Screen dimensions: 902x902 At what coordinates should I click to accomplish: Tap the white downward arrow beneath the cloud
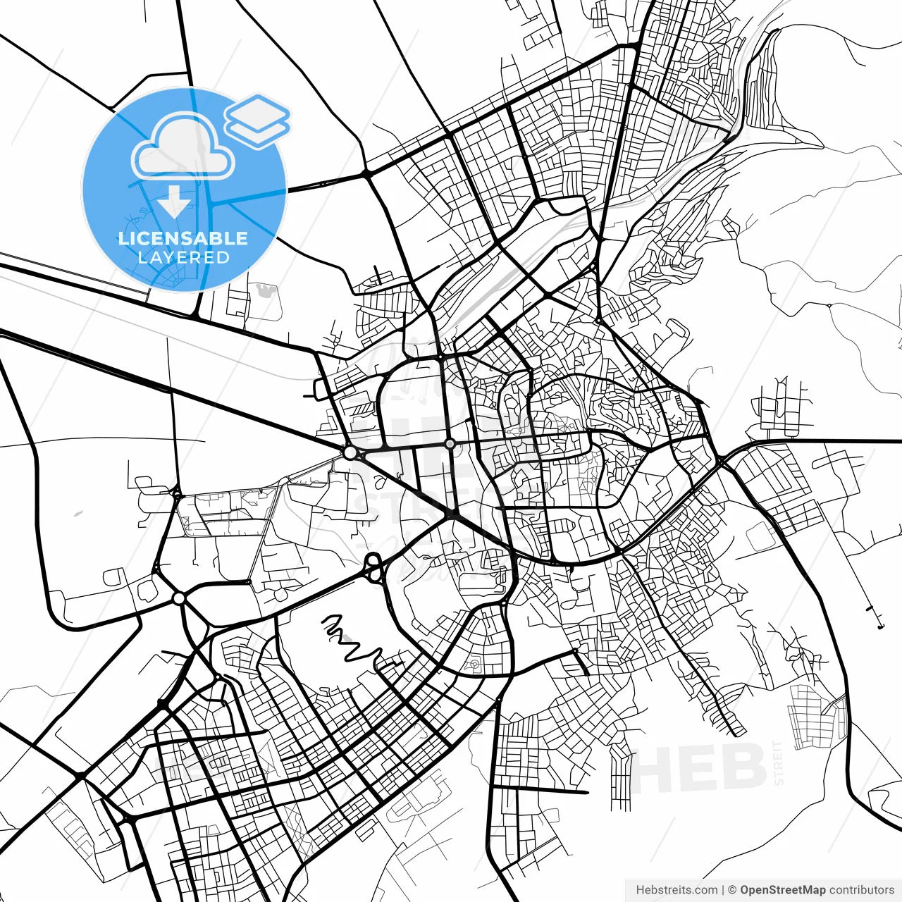click(x=173, y=202)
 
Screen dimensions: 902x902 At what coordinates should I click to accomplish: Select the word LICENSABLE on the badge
click(x=183, y=238)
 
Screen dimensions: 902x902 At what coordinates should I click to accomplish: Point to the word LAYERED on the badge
click(x=183, y=257)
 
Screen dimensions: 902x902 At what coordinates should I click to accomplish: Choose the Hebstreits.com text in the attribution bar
click(x=676, y=890)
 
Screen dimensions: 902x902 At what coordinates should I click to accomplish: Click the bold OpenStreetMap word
click(x=782, y=890)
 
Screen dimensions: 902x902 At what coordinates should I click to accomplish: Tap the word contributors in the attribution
click(x=861, y=890)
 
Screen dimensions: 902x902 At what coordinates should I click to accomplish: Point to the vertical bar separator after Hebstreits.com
click(x=723, y=890)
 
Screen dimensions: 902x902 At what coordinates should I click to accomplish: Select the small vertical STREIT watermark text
click(x=778, y=762)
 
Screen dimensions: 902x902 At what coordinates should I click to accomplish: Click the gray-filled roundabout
click(x=450, y=443)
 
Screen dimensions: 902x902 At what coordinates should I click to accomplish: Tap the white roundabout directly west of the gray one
click(x=350, y=452)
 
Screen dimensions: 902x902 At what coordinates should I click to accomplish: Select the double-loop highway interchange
click(x=373, y=567)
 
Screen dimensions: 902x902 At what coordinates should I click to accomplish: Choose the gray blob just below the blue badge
click(x=265, y=289)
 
